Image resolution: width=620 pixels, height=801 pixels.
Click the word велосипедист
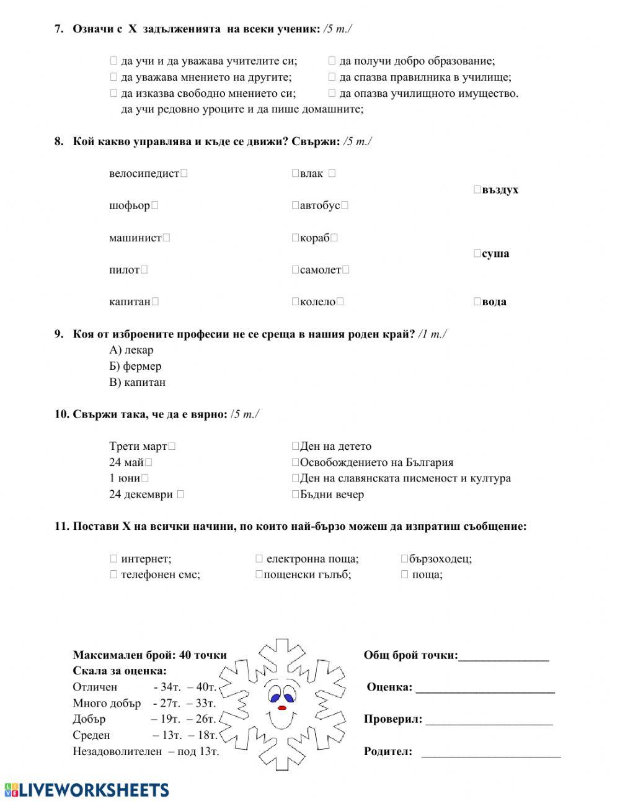tap(144, 174)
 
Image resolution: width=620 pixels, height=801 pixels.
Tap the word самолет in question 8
tap(320, 270)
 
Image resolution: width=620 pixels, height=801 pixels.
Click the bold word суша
tap(495, 254)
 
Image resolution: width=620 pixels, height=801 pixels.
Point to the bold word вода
tap(494, 302)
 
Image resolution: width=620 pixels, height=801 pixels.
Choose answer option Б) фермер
tap(135, 366)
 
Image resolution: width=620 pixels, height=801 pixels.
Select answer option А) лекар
tap(131, 350)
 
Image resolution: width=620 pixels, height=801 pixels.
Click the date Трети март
tap(138, 446)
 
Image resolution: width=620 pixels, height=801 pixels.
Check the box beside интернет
tap(113, 559)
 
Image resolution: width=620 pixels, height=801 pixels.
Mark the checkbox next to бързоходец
tap(404, 559)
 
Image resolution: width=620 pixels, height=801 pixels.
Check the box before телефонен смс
tap(113, 575)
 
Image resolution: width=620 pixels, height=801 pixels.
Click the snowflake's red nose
tap(282, 707)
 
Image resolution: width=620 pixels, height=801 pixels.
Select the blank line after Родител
tap(490, 753)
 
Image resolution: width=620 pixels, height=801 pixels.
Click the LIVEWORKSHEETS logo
tap(87, 789)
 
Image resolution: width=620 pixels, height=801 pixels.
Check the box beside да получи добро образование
tap(332, 61)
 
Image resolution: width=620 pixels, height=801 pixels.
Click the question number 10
tap(61, 414)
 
